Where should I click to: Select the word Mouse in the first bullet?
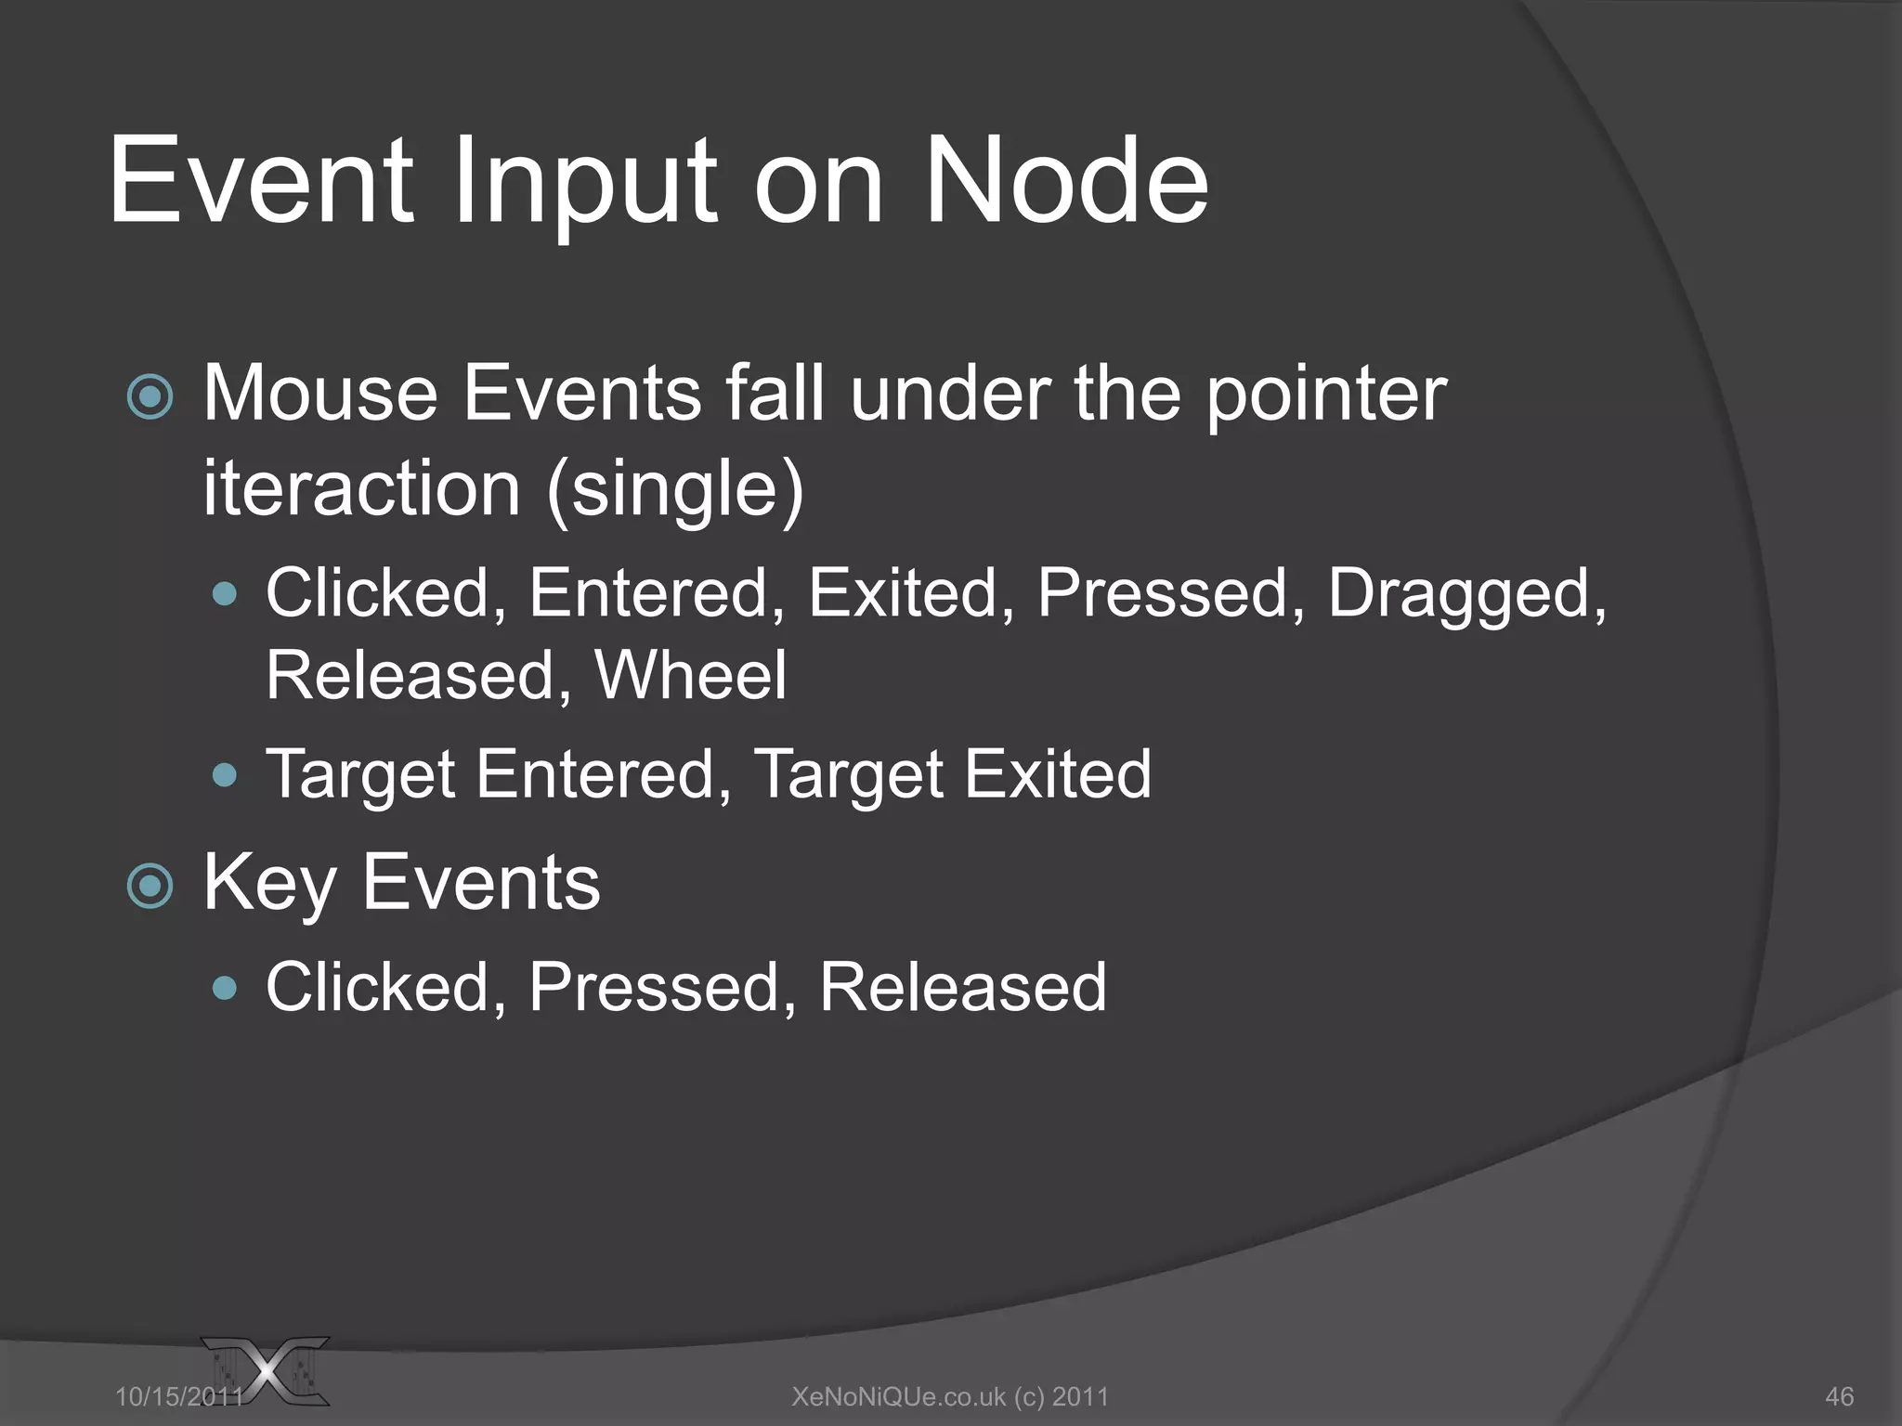pyautogui.click(x=320, y=394)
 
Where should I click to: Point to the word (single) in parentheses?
pyautogui.click(x=675, y=490)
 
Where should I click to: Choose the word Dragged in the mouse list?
pyautogui.click(x=1466, y=594)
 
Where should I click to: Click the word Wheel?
pyautogui.click(x=690, y=675)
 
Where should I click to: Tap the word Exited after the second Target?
pyautogui.click(x=1058, y=773)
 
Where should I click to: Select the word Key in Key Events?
pyautogui.click(x=269, y=884)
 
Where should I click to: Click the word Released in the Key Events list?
pyautogui.click(x=962, y=987)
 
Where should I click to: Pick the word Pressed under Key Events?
pyautogui.click(x=662, y=987)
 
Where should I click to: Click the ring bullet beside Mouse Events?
pyautogui.click(x=150, y=397)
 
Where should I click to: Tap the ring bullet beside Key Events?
pyautogui.click(x=150, y=886)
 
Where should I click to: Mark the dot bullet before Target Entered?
pyautogui.click(x=225, y=774)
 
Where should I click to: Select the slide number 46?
pyautogui.click(x=1839, y=1396)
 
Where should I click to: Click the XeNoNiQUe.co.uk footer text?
pyautogui.click(x=950, y=1396)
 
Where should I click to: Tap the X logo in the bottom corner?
pyautogui.click(x=269, y=1372)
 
